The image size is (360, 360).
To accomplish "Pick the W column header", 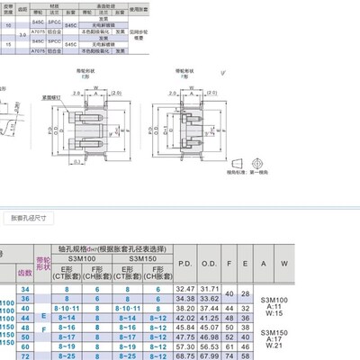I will [x=284, y=262].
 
